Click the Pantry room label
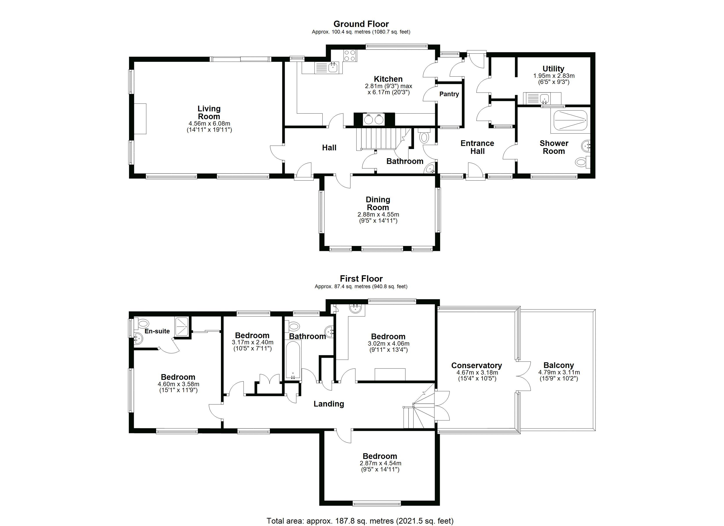449,94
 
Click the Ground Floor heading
361,24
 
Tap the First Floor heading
361,279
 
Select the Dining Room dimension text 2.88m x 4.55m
378,215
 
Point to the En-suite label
157,331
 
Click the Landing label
329,404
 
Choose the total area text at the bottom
360,521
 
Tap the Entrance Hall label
477,147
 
